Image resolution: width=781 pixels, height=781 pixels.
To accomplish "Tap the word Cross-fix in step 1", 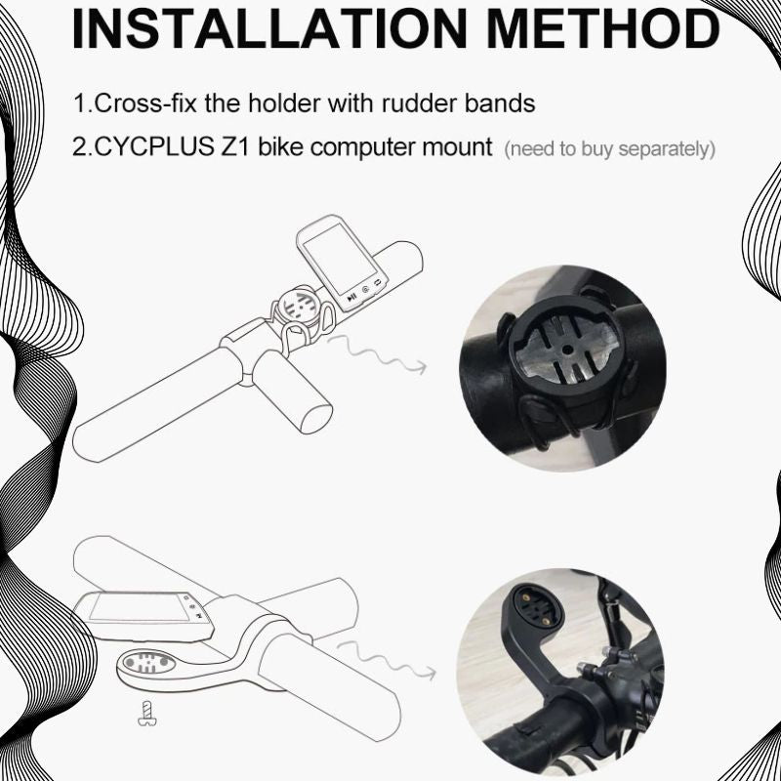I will coord(136,103).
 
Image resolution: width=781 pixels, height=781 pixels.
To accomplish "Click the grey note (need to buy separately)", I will coord(610,149).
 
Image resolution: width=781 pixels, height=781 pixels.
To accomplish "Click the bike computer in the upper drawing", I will coord(341,259).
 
